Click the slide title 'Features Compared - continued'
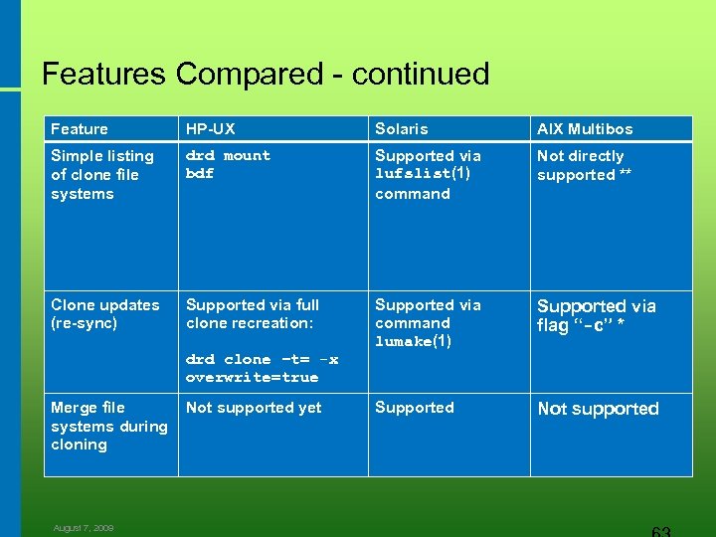click(266, 74)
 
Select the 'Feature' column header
click(80, 129)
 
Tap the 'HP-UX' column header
click(211, 129)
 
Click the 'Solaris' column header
click(402, 129)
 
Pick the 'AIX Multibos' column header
click(585, 129)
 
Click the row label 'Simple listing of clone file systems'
click(101, 175)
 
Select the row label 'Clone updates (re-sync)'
click(104, 314)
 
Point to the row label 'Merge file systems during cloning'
click(108, 426)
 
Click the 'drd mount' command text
click(228, 156)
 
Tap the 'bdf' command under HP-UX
click(200, 174)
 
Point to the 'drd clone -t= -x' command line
click(262, 359)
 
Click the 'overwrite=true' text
click(252, 378)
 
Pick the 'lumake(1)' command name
click(413, 342)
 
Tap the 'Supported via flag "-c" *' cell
click(596, 315)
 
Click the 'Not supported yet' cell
click(254, 408)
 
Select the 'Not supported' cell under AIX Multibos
click(598, 409)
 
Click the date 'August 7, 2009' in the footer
click(84, 528)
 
